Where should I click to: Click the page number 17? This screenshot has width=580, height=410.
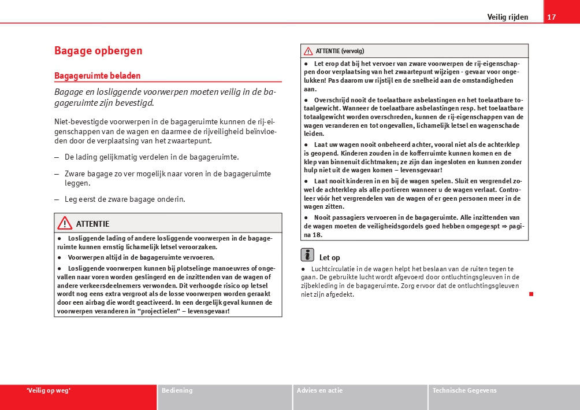coord(552,17)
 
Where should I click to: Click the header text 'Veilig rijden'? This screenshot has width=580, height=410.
coord(507,17)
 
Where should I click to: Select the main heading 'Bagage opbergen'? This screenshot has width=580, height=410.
coord(98,51)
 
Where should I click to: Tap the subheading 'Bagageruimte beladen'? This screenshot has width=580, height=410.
coord(98,76)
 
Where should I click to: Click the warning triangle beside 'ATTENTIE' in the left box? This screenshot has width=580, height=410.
coord(65,223)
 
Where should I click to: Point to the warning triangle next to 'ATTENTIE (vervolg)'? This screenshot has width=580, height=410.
coord(308,51)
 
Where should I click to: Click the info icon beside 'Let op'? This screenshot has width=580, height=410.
coord(307,255)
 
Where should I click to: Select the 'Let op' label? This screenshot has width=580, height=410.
coord(329,257)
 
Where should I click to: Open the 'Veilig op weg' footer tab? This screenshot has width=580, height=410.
coord(49,390)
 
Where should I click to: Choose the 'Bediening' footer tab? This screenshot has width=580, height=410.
coord(177,390)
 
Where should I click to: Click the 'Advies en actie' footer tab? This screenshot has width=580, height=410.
coord(319,390)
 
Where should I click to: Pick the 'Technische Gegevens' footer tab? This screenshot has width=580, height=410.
coord(464,390)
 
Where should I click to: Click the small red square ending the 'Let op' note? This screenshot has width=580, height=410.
coord(531,294)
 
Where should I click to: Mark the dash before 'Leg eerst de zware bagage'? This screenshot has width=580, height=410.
coord(57,200)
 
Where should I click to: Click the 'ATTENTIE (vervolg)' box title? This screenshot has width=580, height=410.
coord(340,51)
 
